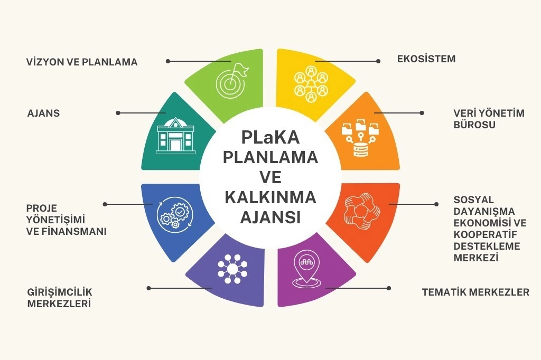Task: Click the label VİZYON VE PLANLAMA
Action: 82,62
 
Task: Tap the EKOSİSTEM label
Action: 426,59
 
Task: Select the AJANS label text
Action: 43,113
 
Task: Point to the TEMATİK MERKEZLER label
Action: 475,292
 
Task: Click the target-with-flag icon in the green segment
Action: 232,80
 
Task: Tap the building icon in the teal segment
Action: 175,136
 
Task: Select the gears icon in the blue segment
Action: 175,213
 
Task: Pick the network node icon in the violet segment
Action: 232,269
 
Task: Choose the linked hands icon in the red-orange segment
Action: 362,211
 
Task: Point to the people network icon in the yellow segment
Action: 311,84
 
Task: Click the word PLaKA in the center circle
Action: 270,137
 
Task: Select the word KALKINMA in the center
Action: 270,197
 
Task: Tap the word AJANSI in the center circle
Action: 270,217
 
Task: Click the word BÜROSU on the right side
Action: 474,125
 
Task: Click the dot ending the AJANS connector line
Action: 118,113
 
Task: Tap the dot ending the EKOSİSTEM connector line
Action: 378,61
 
